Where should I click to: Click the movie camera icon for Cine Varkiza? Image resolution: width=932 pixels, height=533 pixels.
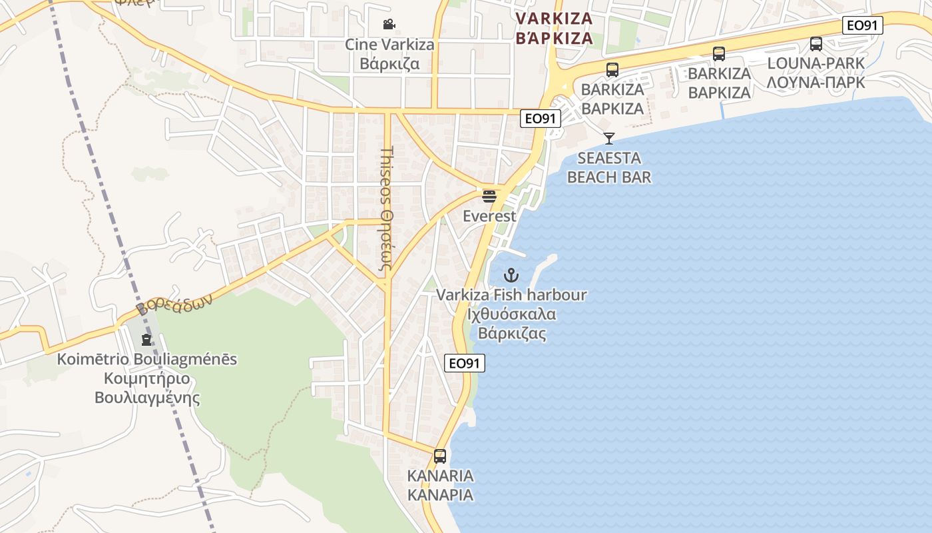click(x=389, y=25)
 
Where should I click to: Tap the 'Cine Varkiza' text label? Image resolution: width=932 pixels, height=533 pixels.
click(x=389, y=45)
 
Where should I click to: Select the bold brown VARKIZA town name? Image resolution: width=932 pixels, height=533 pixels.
click(x=554, y=18)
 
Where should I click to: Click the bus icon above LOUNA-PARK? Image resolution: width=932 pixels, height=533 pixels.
click(x=816, y=44)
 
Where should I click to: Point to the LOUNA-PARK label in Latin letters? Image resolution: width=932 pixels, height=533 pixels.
click(x=816, y=63)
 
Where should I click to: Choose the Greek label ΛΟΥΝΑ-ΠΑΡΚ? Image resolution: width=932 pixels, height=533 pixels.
click(x=816, y=83)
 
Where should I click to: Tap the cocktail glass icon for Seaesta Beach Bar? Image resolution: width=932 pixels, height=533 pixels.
click(x=608, y=139)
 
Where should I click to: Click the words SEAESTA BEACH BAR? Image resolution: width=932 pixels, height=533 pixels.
click(x=609, y=168)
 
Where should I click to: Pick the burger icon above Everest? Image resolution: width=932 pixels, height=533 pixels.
click(x=489, y=197)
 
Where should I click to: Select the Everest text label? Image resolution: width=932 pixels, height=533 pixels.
click(x=489, y=217)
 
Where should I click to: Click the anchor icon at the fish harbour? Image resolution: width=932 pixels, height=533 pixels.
click(x=511, y=274)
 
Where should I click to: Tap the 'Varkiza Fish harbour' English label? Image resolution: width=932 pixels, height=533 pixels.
click(x=511, y=294)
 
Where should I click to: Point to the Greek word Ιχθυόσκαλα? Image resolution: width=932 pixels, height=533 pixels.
click(x=511, y=314)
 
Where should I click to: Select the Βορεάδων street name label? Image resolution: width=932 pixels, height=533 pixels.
click(x=174, y=304)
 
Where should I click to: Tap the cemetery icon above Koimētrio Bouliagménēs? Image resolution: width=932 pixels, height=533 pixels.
click(x=146, y=340)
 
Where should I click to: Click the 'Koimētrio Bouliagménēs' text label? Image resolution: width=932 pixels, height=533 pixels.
click(x=147, y=359)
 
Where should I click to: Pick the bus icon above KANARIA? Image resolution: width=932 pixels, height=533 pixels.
click(x=440, y=456)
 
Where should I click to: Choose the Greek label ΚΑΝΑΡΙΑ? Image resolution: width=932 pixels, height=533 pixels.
click(x=440, y=496)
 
